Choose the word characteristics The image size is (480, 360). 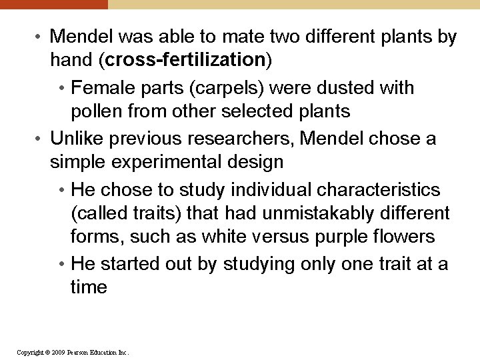pyautogui.click(x=379, y=190)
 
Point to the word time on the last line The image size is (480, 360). pyautogui.click(x=89, y=287)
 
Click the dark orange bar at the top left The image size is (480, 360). pyautogui.click(x=53, y=4)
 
